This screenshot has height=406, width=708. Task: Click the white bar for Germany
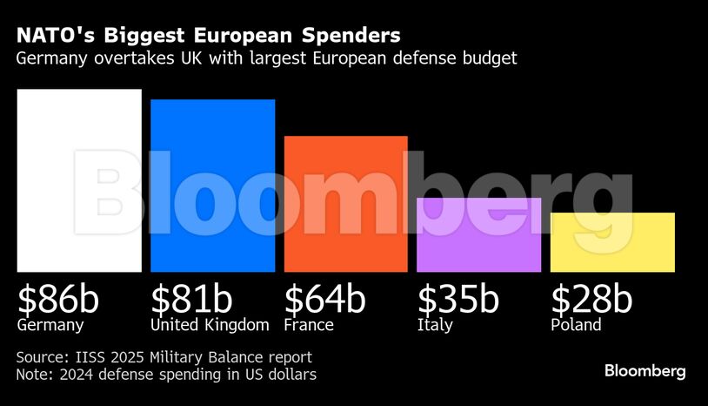point(79,180)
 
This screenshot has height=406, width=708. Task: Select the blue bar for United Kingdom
point(213,186)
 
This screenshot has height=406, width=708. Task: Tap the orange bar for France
point(346,204)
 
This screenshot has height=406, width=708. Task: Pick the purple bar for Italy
point(479,235)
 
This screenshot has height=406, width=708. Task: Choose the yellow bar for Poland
point(612,242)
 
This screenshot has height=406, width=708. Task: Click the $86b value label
point(58,299)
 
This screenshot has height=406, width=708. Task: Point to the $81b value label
point(191,299)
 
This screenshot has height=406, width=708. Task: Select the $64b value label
point(324,299)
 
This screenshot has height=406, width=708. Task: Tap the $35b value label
point(458,299)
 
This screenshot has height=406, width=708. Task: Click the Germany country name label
point(50,326)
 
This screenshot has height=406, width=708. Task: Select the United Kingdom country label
point(210,325)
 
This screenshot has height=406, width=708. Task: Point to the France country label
point(309,325)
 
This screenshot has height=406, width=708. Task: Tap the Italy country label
point(435,326)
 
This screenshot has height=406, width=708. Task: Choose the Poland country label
point(576,325)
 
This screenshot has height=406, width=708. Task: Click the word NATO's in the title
point(54,36)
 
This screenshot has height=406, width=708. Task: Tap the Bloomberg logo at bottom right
point(645,371)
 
